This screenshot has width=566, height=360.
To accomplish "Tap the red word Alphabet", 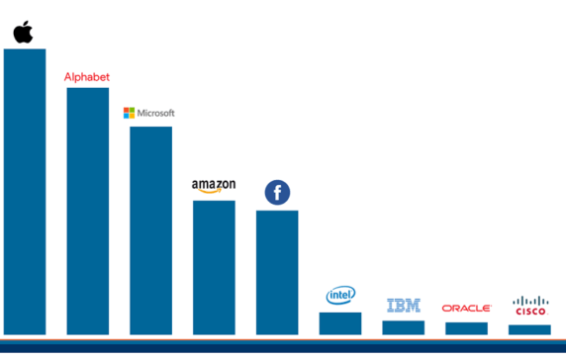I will (x=87, y=76).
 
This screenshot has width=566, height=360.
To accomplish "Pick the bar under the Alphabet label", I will (x=87, y=211).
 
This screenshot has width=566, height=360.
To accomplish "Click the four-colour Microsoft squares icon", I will (x=128, y=113).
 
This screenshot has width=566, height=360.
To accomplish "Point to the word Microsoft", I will (x=154, y=113).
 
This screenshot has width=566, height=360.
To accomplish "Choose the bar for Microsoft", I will (x=150, y=229).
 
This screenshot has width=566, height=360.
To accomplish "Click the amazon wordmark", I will (x=213, y=184).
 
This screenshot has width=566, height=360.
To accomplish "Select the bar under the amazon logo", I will (x=214, y=267).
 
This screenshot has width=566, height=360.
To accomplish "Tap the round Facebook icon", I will (x=277, y=193).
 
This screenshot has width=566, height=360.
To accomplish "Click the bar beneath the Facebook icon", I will (x=277, y=272).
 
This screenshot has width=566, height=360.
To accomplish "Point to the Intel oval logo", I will (x=340, y=295).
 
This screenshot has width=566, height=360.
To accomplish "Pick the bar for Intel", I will (x=340, y=322).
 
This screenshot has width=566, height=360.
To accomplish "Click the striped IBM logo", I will (x=404, y=306).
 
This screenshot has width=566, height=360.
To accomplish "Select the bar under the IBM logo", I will (x=404, y=326).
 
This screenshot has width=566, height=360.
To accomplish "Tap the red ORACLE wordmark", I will (x=466, y=309).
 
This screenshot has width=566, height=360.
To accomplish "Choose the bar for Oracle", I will (x=466, y=327).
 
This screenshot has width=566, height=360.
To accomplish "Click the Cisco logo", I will (x=530, y=306).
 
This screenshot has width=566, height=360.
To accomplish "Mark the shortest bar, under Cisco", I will (x=529, y=329).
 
